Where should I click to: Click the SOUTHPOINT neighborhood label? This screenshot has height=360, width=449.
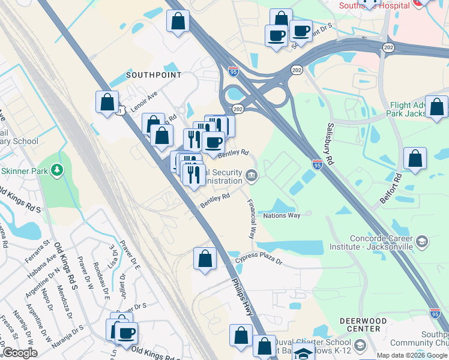pyautogui.click(x=153, y=75)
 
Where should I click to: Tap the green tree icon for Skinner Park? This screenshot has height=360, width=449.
pyautogui.click(x=57, y=171)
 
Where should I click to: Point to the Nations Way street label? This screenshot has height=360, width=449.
pyautogui.click(x=282, y=215)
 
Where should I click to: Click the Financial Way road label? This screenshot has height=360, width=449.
pyautogui.click(x=252, y=216)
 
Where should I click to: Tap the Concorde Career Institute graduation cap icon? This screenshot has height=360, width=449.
pyautogui.click(x=422, y=242)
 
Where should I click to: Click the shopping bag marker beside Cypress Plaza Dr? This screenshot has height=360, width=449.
pyautogui.click(x=205, y=259)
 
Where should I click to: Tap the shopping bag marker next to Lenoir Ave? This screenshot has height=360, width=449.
pyautogui.click(x=107, y=102)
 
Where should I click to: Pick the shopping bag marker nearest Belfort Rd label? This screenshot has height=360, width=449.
pyautogui.click(x=415, y=159)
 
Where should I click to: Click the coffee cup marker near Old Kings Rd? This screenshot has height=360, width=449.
pyautogui.click(x=126, y=333)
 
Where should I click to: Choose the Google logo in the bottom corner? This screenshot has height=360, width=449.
pyautogui.click(x=20, y=353)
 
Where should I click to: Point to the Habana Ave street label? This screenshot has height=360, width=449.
pyautogui.click(x=41, y=266)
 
